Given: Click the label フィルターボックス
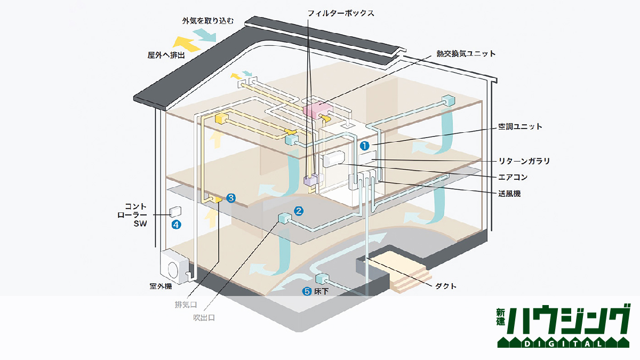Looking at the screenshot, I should pyautogui.click(x=341, y=13).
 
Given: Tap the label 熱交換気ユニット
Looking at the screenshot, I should pyautogui.click(x=466, y=54).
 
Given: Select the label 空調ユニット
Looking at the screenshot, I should pyautogui.click(x=516, y=127).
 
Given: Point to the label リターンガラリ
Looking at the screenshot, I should pyautogui.click(x=524, y=161).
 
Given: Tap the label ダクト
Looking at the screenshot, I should pyautogui.click(x=446, y=286).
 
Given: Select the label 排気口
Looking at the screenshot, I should pyautogui.click(x=186, y=305).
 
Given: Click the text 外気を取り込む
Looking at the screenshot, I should pyautogui.click(x=201, y=21).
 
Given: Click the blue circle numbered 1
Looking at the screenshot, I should pyautogui.click(x=365, y=145).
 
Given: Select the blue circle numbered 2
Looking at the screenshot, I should pyautogui.click(x=299, y=211).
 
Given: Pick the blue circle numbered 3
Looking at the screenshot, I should pyautogui.click(x=230, y=198).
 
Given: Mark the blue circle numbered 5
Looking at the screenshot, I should pyautogui.click(x=307, y=291).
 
